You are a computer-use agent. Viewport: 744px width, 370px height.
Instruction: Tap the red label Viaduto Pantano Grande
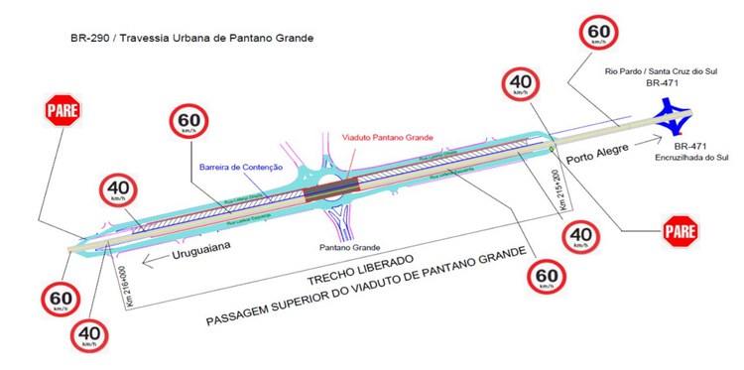pos(383,137)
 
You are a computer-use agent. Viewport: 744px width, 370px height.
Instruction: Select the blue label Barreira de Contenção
pos(240,168)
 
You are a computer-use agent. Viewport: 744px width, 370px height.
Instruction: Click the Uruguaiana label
pos(194,254)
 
